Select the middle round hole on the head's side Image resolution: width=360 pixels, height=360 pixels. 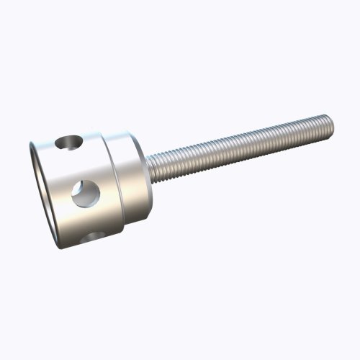tap(85, 193)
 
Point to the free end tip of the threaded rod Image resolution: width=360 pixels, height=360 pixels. tap(330, 127)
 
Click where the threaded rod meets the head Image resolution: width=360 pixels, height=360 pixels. tap(151, 166)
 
